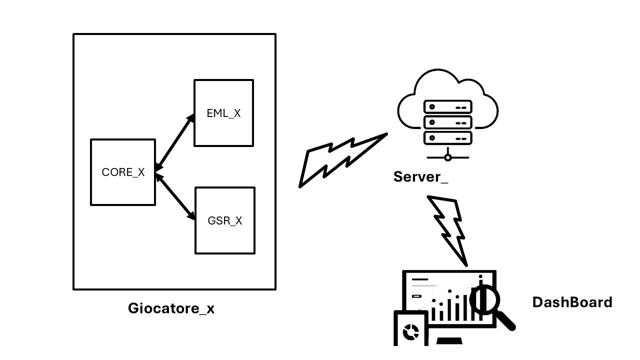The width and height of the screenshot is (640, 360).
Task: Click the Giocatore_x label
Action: tap(171, 308)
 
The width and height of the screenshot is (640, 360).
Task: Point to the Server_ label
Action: tap(420, 176)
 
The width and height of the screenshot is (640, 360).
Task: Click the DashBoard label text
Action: tap(572, 302)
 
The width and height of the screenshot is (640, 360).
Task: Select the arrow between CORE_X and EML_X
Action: tap(174, 143)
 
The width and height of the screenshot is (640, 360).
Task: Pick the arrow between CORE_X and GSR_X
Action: tap(174, 196)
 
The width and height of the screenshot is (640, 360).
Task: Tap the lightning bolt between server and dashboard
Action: tap(448, 227)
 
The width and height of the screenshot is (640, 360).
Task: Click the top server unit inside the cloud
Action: tap(447, 107)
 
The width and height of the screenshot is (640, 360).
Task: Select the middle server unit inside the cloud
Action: tap(447, 122)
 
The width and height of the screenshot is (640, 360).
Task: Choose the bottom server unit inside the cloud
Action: tap(447, 137)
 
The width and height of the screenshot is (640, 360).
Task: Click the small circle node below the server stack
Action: tap(448, 157)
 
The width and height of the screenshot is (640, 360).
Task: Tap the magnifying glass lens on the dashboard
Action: tap(485, 298)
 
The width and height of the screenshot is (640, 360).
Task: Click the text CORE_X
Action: tap(123, 172)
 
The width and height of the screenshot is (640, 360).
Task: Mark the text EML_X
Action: tap(223, 113)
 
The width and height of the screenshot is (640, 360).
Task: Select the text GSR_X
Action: tap(224, 220)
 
